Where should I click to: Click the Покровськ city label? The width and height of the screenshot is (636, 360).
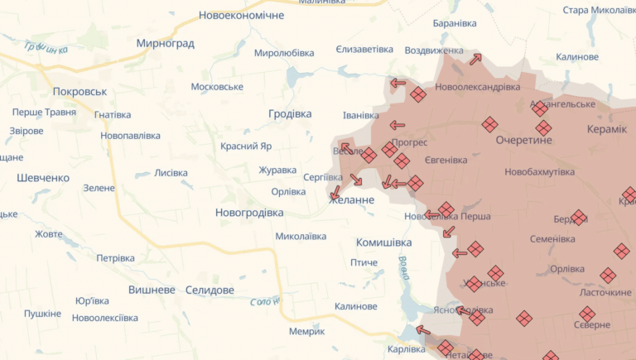pos(79,92)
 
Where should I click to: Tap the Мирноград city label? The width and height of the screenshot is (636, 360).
pos(166,43)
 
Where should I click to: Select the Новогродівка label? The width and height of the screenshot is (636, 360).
pos(249,213)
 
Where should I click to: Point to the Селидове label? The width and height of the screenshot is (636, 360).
pos(210,290)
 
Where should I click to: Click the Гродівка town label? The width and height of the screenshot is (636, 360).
pos(291,114)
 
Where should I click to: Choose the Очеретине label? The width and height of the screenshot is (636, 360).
pos(523,141)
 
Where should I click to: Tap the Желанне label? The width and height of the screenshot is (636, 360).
pos(353,200)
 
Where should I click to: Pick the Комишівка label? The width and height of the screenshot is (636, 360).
pos(383,242)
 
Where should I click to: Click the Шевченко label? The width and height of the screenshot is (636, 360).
pos(43,178)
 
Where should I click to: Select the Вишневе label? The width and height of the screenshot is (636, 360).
pos(152,290)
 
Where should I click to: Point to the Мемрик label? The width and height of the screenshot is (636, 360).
pos(306,331)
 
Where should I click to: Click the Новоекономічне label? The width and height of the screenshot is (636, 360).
pos(241,16)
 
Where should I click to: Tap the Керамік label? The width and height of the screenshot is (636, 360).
pos(607,130)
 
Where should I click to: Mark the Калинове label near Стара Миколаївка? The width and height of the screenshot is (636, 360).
pos(577,57)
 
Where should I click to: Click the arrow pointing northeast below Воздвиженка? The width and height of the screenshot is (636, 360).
pos(475,59)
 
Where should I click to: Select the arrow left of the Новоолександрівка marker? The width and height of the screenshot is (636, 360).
pos(398,83)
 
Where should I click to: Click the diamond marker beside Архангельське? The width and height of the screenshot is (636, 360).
pos(540,108)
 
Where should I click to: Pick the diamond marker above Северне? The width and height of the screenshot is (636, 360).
pos(587,314)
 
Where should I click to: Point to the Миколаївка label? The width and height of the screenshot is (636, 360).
pos(301,237)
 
